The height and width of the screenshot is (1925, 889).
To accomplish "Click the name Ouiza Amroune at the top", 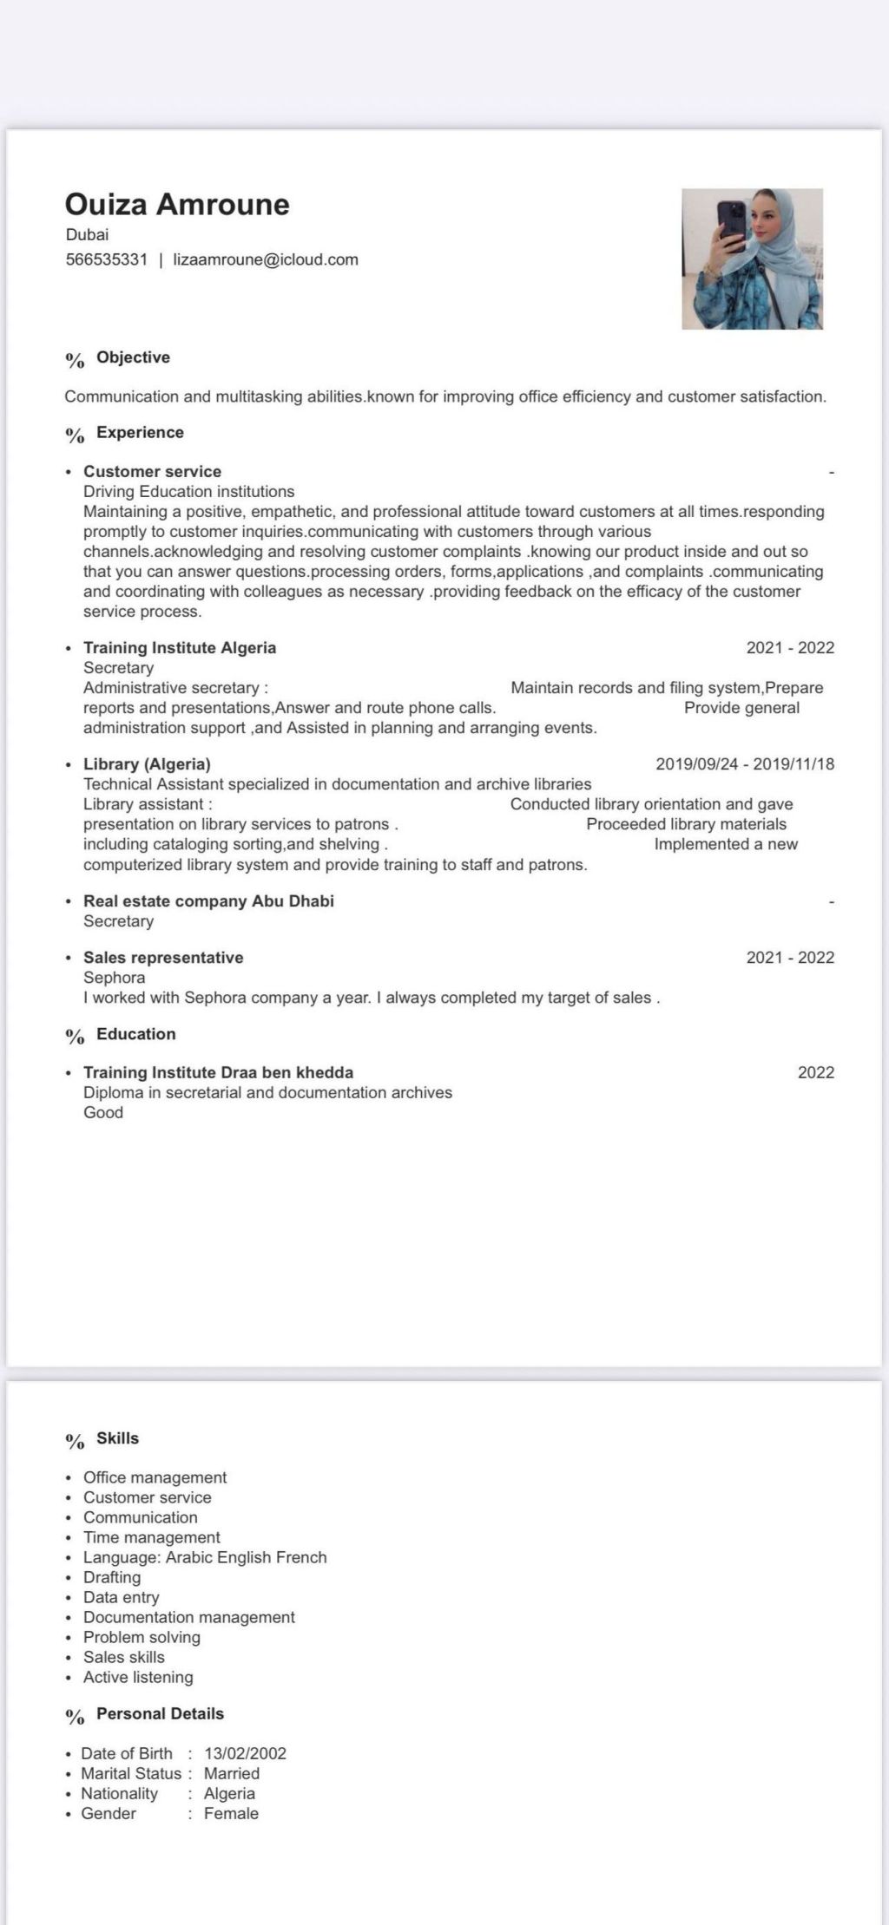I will (177, 205).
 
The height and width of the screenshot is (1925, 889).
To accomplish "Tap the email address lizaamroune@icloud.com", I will (266, 259).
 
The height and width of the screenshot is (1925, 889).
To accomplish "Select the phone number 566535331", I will (107, 259).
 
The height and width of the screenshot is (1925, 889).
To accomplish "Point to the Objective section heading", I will (133, 357).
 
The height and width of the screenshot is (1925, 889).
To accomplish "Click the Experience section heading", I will (140, 432).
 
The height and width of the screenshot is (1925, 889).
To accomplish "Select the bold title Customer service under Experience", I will (152, 472).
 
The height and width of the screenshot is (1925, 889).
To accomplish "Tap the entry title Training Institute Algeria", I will (180, 648).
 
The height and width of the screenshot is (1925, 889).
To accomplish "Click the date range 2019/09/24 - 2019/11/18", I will (745, 764).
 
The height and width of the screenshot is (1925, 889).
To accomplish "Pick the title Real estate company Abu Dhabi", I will (208, 901).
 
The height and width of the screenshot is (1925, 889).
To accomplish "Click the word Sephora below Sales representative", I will (114, 978).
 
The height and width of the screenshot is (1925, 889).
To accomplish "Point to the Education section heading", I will (135, 1034).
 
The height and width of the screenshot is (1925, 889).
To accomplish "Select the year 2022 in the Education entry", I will (815, 1072).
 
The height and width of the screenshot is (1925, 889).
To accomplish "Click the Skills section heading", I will (117, 1438).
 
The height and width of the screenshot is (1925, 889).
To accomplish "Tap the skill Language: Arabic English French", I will (205, 1557).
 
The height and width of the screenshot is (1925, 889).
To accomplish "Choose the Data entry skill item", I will (121, 1597).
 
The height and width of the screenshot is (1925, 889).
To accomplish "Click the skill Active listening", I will (138, 1677).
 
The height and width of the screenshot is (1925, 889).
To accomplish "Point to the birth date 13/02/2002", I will (245, 1753).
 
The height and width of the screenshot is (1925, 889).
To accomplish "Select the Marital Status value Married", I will (232, 1773).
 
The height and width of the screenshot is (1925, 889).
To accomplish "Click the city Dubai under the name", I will (87, 234).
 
